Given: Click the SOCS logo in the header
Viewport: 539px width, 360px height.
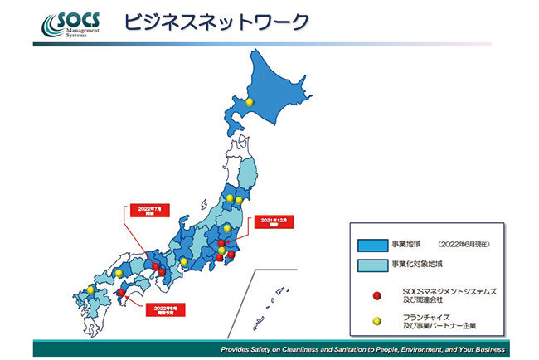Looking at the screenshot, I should pyautogui.click(x=74, y=25).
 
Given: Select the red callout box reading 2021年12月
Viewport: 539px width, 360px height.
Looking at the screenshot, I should pyautogui.click(x=273, y=224).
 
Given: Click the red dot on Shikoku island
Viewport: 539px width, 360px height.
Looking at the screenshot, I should pyautogui.click(x=122, y=293).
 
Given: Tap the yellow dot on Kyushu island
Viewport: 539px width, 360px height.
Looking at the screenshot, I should pyautogui.click(x=90, y=289).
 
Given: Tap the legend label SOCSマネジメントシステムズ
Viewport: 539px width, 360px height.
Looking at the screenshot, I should pyautogui.click(x=449, y=290).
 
